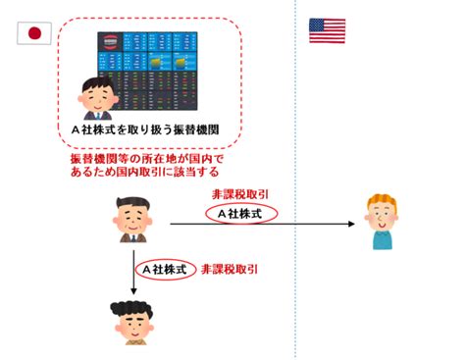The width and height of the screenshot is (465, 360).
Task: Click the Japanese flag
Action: (34, 33)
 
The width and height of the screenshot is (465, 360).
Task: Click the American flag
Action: (327, 31)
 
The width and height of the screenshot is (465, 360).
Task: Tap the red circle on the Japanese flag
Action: (34, 33)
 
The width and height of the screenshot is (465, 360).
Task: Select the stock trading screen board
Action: (147, 71)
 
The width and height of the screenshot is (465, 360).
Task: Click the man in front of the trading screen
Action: (97, 98)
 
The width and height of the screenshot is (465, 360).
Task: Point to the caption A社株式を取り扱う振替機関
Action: (145, 129)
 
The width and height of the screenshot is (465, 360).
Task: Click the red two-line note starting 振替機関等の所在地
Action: (147, 166)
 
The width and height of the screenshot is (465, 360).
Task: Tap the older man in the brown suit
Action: (132, 220)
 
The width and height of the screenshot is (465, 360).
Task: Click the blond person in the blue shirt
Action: (382, 222)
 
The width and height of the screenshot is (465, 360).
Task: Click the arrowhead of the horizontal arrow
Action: (352, 224)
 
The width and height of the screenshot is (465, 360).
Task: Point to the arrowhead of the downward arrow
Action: (133, 290)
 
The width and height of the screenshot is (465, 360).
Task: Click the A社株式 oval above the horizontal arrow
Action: (241, 214)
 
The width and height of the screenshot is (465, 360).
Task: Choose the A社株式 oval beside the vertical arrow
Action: (166, 270)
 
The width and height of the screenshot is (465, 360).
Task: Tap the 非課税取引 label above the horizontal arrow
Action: (240, 194)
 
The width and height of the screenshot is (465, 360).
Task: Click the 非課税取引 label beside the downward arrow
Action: (230, 270)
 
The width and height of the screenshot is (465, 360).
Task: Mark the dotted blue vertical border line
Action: (295, 180)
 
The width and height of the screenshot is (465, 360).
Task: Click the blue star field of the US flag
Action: (317, 25)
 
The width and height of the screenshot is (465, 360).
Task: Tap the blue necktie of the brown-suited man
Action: (133, 238)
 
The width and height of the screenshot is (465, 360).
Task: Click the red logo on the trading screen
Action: (110, 41)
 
